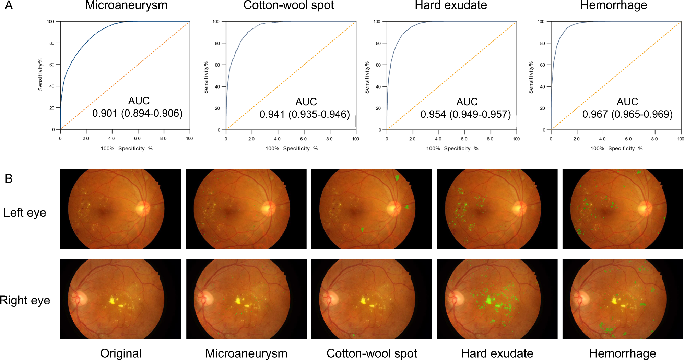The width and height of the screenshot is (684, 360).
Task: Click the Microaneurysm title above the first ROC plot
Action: tap(126, 5)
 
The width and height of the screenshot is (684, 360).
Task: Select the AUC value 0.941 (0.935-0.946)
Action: tap(305, 114)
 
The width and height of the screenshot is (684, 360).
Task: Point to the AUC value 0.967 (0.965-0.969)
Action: tap(627, 114)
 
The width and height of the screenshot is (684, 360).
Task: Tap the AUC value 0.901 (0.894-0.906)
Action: tap(137, 113)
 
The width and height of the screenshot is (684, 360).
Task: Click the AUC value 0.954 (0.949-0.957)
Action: tap(465, 114)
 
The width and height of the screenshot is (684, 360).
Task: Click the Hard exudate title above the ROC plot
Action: tap(451, 5)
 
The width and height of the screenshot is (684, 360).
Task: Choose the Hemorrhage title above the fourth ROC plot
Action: tap(613, 5)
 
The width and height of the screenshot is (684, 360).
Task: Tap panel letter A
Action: tap(9, 5)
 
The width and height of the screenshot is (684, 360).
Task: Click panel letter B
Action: tap(9, 179)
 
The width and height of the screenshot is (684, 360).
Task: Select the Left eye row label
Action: tap(25, 213)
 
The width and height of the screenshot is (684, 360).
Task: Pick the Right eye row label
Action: tap(25, 300)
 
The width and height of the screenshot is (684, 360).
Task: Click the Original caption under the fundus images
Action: tap(121, 353)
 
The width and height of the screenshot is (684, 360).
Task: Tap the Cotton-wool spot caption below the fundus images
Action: tap(372, 353)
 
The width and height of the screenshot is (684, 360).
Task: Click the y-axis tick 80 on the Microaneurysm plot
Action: tap(52, 43)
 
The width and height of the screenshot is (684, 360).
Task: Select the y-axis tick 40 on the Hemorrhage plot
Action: tap(542, 86)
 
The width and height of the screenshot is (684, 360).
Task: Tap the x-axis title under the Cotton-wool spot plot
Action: tap(291, 149)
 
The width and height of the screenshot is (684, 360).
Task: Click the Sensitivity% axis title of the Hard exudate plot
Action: tap(367, 78)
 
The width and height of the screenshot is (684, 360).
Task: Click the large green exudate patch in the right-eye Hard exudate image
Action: tap(488, 300)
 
